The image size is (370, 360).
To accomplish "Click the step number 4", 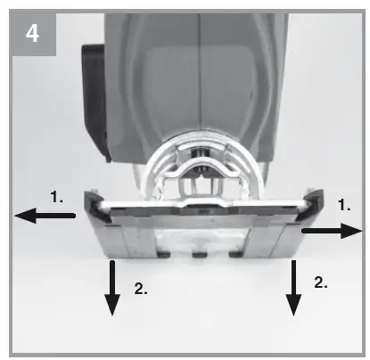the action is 32,33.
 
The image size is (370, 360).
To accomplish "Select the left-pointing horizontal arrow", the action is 45,216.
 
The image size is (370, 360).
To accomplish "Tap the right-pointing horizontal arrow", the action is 332,231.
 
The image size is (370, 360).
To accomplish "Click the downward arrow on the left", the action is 112,288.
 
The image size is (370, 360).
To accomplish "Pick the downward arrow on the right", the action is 293,288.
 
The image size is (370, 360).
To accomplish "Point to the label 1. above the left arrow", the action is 56,197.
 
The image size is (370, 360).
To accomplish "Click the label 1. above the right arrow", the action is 344,205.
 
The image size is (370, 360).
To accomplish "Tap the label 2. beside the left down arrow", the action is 141,288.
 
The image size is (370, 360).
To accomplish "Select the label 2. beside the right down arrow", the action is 321,282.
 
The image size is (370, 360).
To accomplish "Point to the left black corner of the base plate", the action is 95,207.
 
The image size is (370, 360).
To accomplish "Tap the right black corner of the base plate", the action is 310,205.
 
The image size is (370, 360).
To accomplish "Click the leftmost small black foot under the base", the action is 164,254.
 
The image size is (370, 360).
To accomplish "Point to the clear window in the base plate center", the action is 201,240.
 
